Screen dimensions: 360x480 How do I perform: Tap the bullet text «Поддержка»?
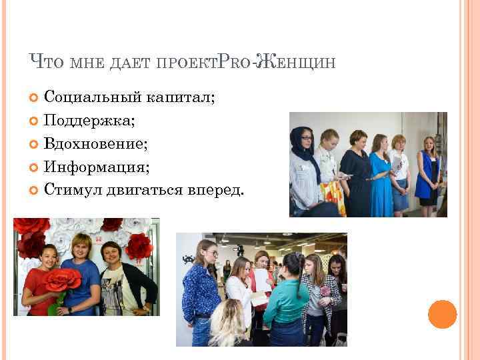pos(88,121)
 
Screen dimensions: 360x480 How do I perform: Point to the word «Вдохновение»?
pos(95,143)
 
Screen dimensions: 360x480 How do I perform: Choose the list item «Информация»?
pos(96,167)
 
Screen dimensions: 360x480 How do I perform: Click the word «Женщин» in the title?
pos(300,63)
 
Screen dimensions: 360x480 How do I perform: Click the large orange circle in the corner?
pos(442,314)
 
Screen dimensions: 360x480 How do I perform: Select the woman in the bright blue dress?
pos(381,173)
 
